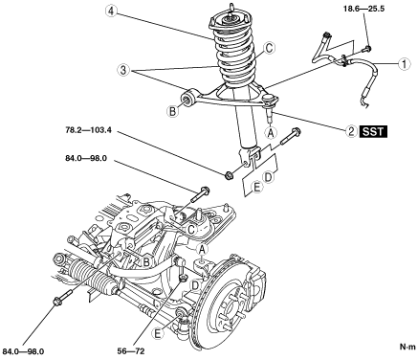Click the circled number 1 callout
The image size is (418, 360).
(404, 64)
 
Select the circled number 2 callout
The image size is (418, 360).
(351, 131)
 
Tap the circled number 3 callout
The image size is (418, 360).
(123, 70)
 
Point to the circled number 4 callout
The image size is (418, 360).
(111, 11)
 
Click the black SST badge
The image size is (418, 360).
(373, 131)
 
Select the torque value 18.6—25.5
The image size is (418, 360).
(363, 9)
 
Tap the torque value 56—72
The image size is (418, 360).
(131, 351)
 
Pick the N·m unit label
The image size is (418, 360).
(408, 347)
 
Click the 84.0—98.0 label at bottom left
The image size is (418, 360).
(23, 351)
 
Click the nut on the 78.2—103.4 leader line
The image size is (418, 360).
(229, 174)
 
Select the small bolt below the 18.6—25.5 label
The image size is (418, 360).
(366, 49)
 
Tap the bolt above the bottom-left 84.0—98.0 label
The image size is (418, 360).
(63, 296)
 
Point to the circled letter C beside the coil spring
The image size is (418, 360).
(269, 49)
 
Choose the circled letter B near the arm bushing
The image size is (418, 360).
(172, 111)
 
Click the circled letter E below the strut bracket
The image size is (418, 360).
(256, 188)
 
